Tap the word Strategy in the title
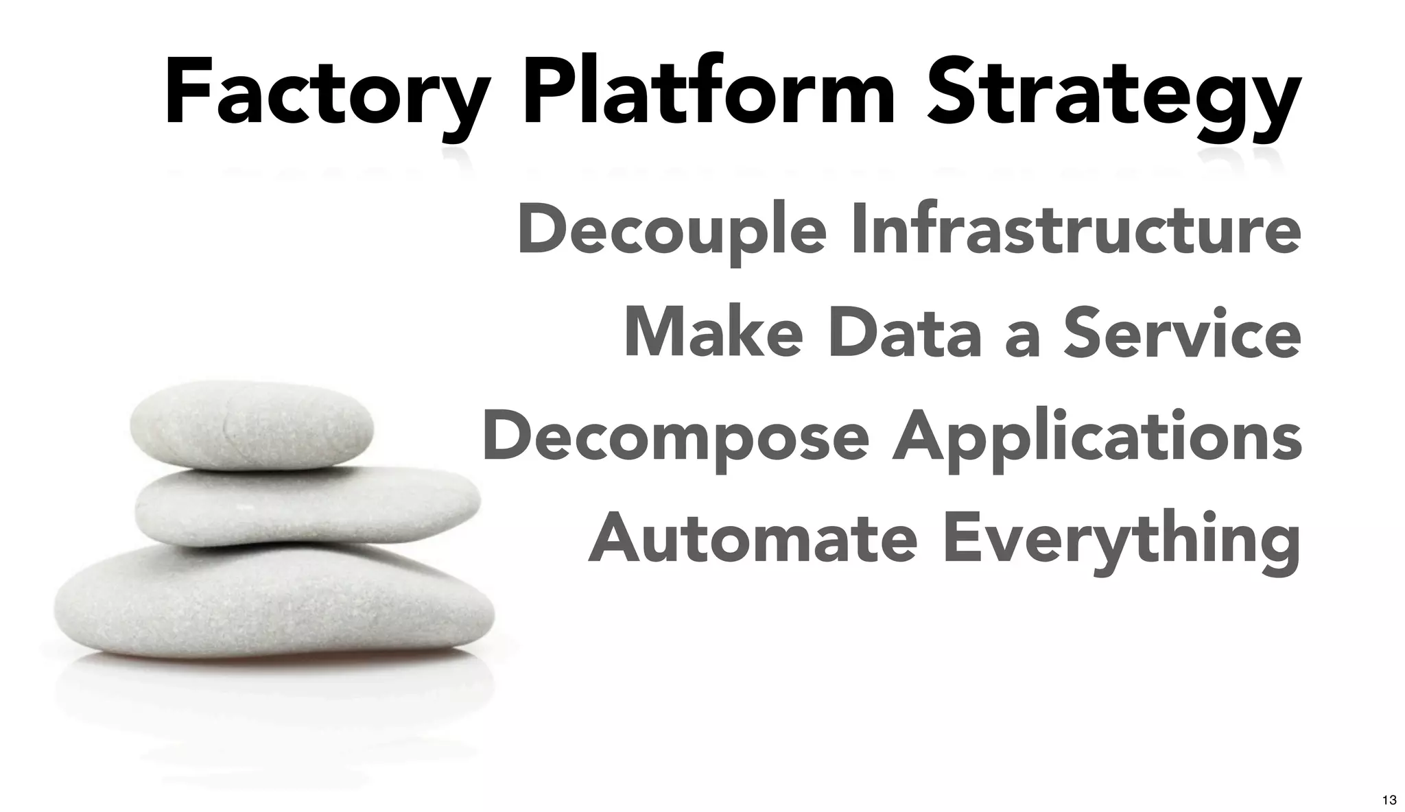pyautogui.click(x=1112, y=93)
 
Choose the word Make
pyautogui.click(x=713, y=333)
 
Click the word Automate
pyautogui.click(x=752, y=539)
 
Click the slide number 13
pyautogui.click(x=1389, y=800)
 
